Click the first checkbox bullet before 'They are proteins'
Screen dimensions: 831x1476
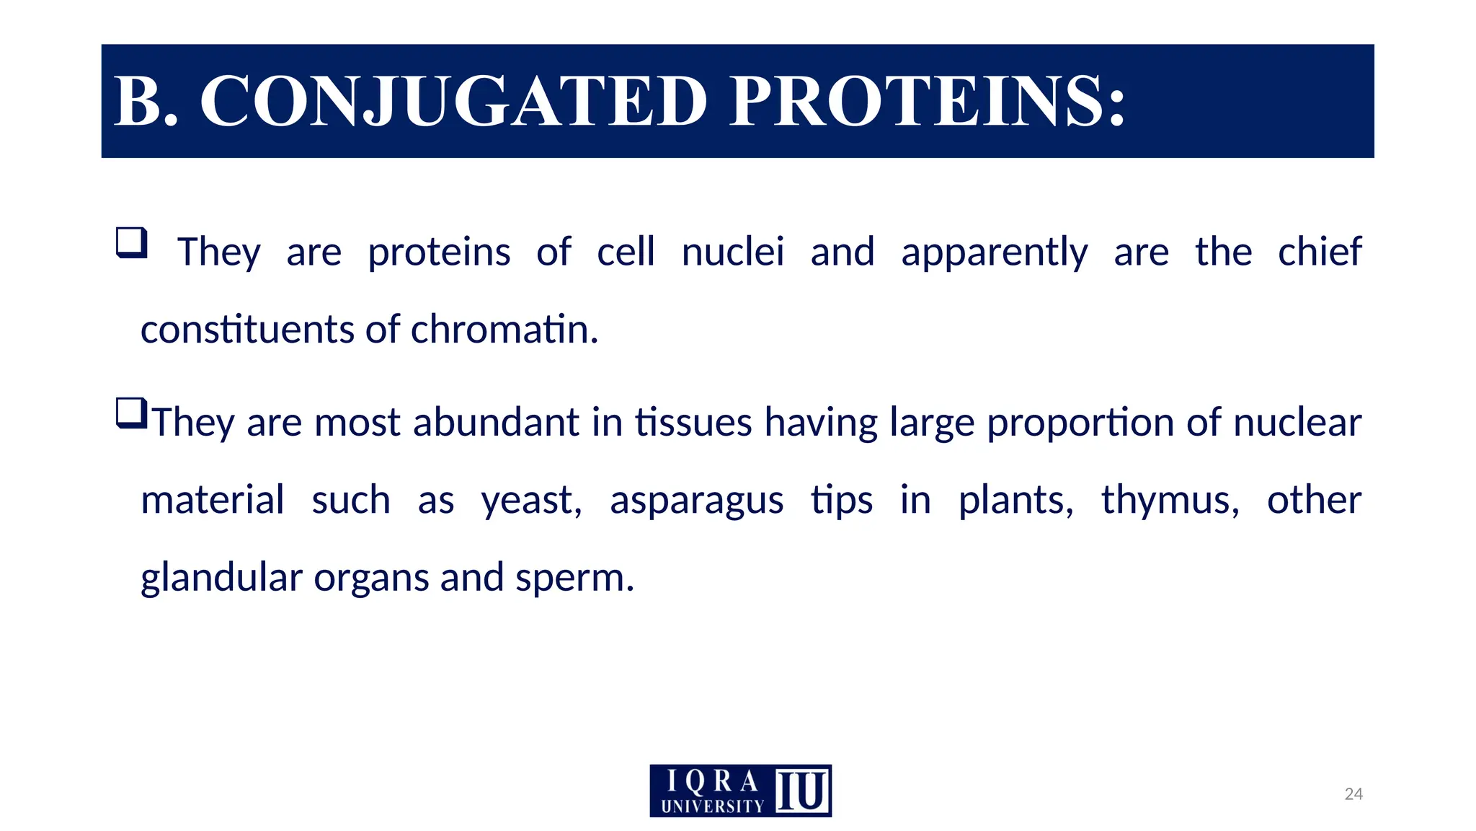[132, 243]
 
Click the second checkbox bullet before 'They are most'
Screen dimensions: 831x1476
[132, 414]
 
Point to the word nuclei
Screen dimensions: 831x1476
[732, 252]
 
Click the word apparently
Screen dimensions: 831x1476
[994, 253]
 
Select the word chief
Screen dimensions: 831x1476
[1319, 252]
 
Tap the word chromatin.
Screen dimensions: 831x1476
[504, 330]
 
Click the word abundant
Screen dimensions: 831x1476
[496, 422]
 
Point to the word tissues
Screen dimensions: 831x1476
[693, 422]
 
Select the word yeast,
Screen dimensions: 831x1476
[532, 501]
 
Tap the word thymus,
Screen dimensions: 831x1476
[1170, 501]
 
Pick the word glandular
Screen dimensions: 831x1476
[221, 579]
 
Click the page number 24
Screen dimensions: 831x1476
[1353, 794]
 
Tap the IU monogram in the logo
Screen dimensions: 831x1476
[802, 791]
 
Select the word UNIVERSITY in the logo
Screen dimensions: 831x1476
[712, 806]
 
